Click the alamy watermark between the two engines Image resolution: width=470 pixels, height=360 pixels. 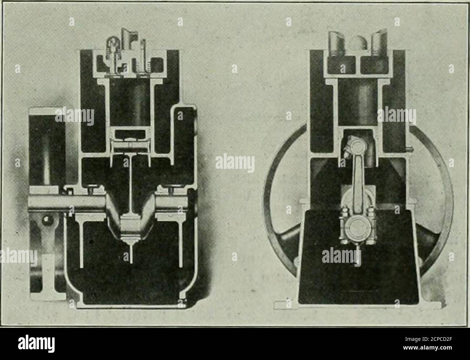tap(235, 163)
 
